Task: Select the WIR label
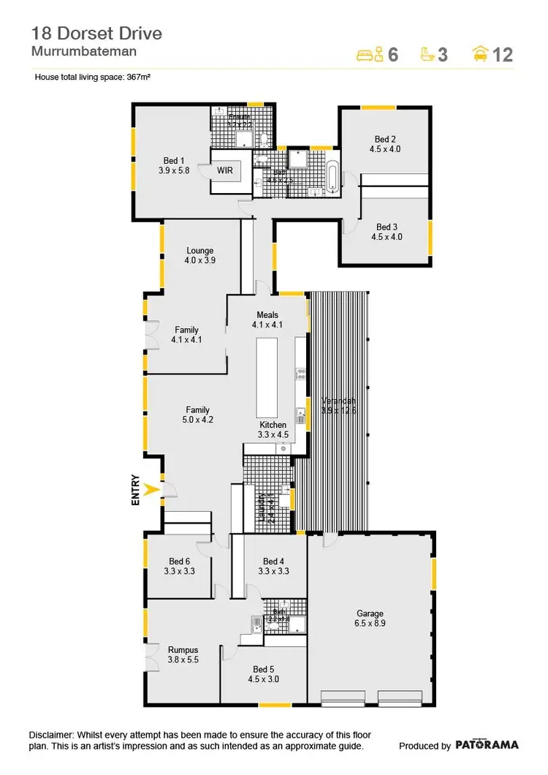click(x=224, y=170)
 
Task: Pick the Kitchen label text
click(x=274, y=425)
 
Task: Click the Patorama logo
click(x=487, y=745)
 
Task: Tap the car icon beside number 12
click(x=480, y=53)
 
